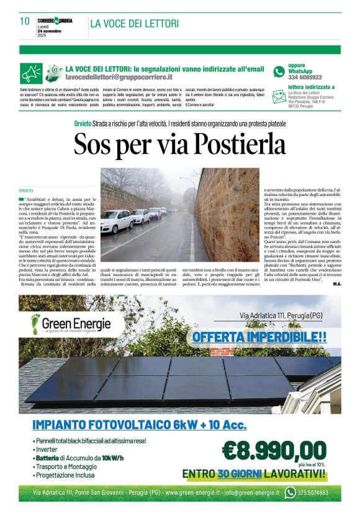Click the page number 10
coord(25,21)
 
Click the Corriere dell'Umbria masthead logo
coord(55,20)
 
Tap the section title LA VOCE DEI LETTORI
coord(135,24)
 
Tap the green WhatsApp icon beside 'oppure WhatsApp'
coord(279,72)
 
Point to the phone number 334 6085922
coord(305,78)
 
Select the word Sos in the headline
coord(91,145)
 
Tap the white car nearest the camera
coord(116,221)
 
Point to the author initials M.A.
coord(336,283)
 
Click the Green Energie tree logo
coord(38,323)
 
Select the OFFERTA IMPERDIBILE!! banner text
coord(259,337)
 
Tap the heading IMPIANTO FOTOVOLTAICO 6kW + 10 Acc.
coord(139,425)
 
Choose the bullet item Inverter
coord(48,449)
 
